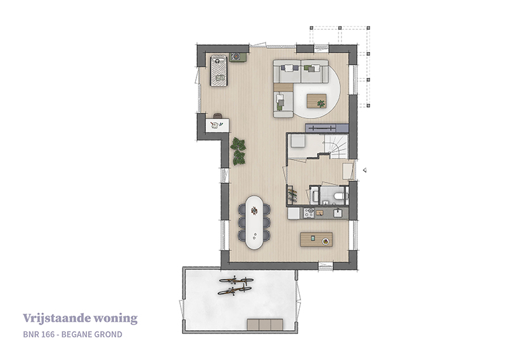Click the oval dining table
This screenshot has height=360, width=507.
point(254,222)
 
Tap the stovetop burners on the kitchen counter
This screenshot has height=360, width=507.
point(309,213)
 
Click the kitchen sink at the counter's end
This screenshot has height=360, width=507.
point(337,213)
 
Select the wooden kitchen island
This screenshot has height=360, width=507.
point(316,240)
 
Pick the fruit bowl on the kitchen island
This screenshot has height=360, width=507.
point(326,241)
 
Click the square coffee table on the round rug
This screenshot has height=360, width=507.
point(316,101)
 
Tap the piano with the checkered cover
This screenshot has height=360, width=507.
point(219,71)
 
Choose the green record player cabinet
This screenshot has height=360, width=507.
point(238,57)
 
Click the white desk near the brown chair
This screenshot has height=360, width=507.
point(217,125)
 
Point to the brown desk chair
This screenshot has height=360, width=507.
point(218,115)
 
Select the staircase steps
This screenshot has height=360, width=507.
point(337,146)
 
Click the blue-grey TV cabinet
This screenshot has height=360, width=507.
point(327,128)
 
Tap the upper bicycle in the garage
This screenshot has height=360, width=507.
point(236,280)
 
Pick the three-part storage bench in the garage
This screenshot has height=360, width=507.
point(265,324)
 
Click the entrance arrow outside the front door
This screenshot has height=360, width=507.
point(364,170)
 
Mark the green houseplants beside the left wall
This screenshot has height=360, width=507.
point(238,151)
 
